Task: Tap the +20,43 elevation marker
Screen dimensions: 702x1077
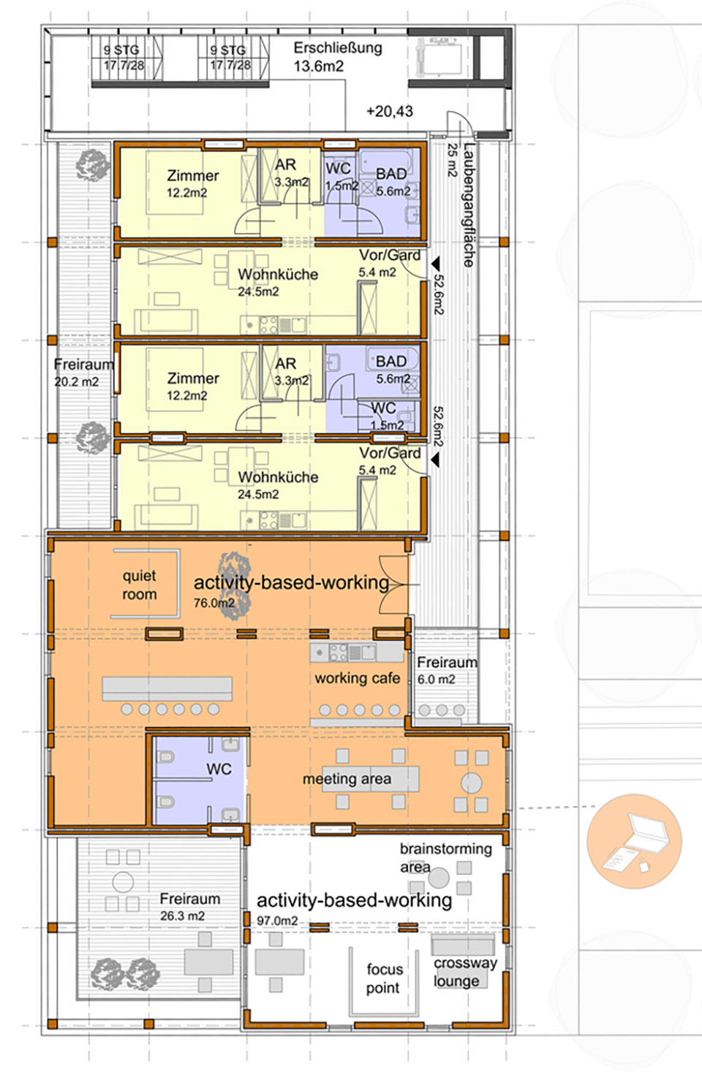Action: pos(390,112)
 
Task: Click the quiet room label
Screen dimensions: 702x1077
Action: pos(140,585)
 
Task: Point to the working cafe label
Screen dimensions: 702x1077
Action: pos(357,678)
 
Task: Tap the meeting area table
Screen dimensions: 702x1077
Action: pos(371,779)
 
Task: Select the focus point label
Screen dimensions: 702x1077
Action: pos(384,978)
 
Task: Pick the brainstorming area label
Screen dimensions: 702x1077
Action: pos(445,857)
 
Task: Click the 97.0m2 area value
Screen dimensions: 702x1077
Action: pos(277,920)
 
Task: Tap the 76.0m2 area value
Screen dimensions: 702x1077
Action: pos(214,603)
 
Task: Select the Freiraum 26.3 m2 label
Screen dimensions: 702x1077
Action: pos(189,907)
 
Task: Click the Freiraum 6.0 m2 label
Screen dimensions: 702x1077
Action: pos(447,670)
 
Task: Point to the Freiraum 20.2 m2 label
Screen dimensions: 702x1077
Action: pos(83,373)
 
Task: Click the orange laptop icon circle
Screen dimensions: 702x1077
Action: pos(634,841)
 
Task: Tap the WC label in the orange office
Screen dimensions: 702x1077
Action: pos(219,769)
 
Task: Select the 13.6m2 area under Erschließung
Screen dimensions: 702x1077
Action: pos(319,66)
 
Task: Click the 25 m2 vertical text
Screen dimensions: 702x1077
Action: pos(453,160)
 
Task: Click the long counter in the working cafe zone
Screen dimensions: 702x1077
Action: pos(167,688)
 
